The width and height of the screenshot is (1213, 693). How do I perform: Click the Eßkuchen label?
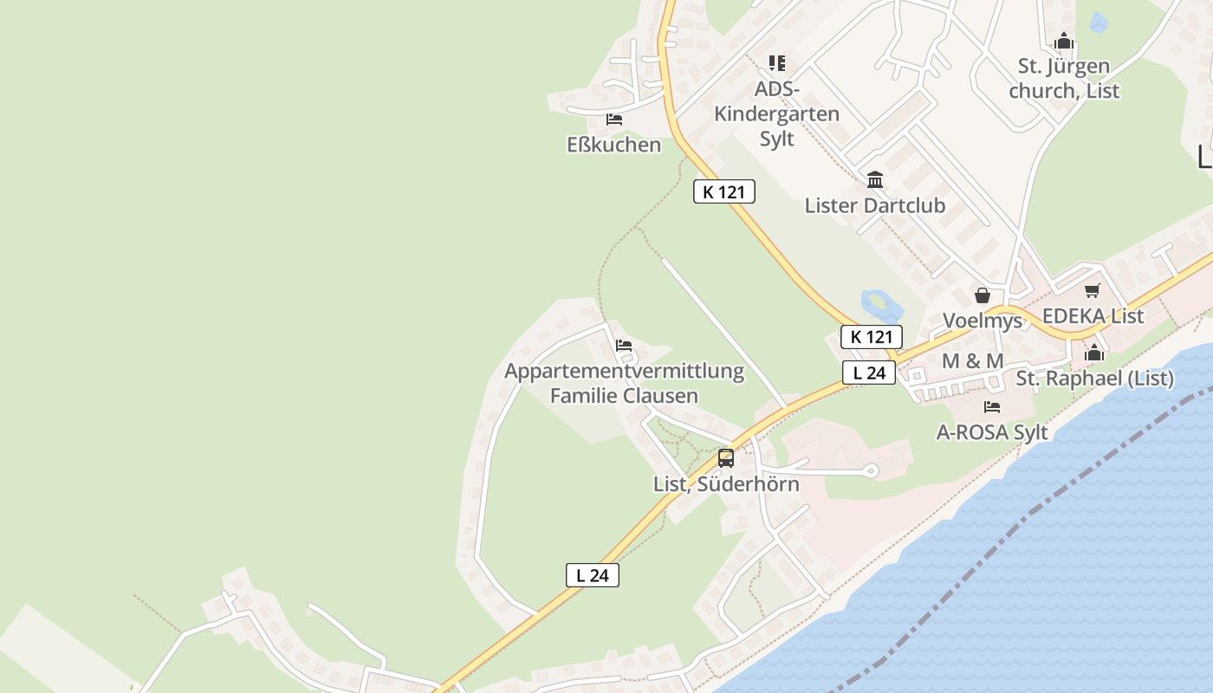613,145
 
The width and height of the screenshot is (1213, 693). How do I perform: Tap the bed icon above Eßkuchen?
614,120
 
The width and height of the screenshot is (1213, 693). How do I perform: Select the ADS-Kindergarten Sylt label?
776,113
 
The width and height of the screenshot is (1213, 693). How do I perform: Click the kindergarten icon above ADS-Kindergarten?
777,63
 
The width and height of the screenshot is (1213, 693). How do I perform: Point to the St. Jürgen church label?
1064,79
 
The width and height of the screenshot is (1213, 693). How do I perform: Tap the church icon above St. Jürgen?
1064,42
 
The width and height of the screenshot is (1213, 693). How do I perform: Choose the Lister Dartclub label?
874,206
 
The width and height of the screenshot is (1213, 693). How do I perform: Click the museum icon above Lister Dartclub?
875,180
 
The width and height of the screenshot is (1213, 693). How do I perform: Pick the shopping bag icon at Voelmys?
983,296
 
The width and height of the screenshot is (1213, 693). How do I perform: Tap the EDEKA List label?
1093,316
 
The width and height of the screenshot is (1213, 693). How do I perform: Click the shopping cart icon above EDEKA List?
1093,291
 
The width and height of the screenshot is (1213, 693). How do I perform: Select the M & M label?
972,361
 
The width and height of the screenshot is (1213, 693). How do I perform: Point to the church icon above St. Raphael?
1093,353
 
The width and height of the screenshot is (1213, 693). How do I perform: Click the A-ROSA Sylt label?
992,432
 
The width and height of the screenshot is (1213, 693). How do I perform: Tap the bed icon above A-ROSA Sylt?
992,406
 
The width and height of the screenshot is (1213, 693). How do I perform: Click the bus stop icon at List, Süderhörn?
726,458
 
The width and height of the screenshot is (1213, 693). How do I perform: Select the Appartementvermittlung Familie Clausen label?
624,384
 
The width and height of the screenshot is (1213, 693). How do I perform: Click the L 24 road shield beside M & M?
869,373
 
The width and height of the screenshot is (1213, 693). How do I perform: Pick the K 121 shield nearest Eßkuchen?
724,192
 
